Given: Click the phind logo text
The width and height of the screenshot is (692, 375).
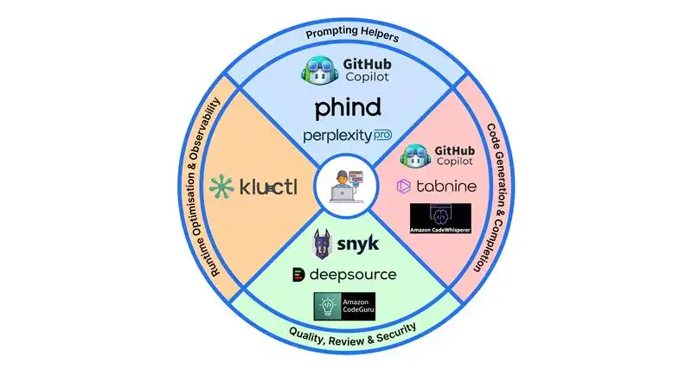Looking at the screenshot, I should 346,108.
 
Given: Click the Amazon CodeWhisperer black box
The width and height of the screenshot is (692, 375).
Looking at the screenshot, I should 440,219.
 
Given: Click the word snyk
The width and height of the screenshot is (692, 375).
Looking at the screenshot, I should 358,245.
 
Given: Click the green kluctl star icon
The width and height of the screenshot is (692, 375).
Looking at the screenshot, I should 222,186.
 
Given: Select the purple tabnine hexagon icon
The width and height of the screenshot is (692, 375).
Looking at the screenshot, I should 403,186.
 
